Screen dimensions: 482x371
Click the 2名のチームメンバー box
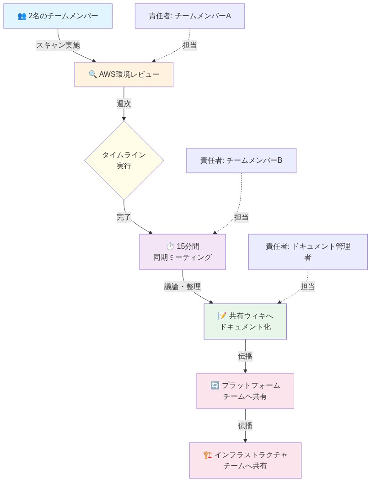tap(58, 16)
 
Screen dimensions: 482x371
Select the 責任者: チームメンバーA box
tap(189, 16)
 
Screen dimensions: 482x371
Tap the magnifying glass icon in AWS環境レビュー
tap(93, 74)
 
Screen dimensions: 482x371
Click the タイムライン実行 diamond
tap(124, 160)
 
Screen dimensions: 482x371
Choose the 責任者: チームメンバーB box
tap(241, 161)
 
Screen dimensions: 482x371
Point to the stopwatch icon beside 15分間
tap(170, 246)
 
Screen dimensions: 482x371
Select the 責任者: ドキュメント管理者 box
tap(308, 252)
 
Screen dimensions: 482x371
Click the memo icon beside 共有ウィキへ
tap(222, 316)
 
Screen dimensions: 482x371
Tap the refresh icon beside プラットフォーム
tap(215, 386)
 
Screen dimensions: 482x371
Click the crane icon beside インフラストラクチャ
tap(208, 455)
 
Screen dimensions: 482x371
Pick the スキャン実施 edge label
tap(58, 45)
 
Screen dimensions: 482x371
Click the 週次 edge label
tap(124, 104)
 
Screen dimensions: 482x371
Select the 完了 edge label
tap(124, 217)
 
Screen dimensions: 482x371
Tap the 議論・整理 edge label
tap(183, 287)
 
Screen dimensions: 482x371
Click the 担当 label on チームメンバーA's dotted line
tap(190, 45)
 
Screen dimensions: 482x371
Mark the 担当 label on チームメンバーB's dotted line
tap(241, 217)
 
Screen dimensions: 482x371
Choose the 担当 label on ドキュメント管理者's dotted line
tap(308, 287)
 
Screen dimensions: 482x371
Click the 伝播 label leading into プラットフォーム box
tap(245, 356)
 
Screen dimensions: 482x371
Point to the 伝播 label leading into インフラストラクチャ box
tap(245, 425)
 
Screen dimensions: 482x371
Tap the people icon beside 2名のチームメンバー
tap(22, 16)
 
